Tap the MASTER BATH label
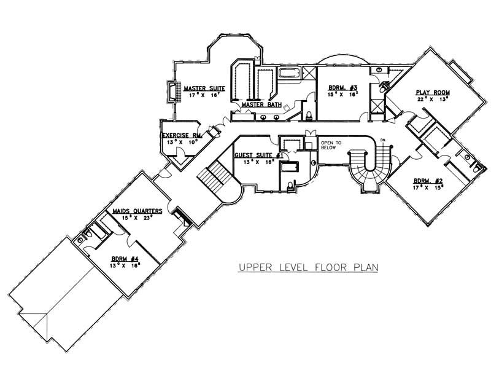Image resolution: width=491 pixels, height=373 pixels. (x=261, y=104)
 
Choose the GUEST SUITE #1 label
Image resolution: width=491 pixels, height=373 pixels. (x=258, y=155)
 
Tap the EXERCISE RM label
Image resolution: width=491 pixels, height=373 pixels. (x=182, y=135)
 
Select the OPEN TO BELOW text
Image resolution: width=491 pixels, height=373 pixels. (x=330, y=146)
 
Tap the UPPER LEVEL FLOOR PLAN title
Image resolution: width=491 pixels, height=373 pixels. (x=308, y=267)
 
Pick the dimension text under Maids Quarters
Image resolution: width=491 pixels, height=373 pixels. (x=137, y=218)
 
